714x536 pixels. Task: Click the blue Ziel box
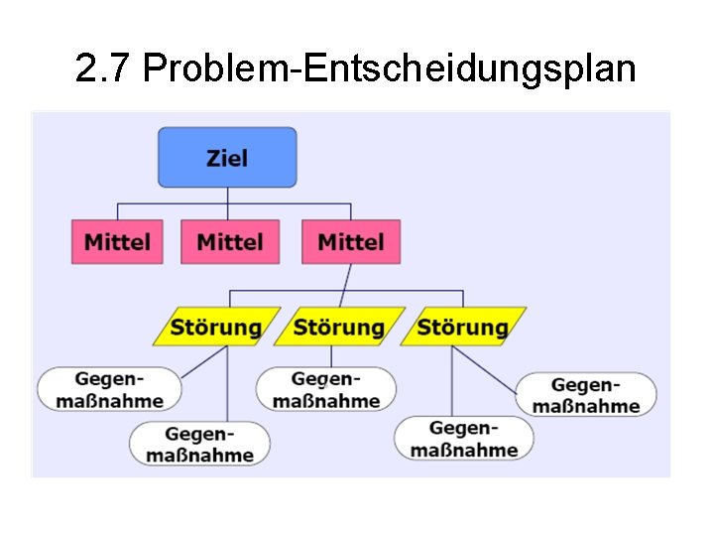tap(227, 157)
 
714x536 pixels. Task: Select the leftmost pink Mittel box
tap(117, 241)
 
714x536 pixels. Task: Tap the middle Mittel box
tap(230, 241)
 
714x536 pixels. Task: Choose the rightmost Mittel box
tap(351, 241)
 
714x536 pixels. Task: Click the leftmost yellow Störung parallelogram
tap(216, 327)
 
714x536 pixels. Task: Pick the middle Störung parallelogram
tap(339, 327)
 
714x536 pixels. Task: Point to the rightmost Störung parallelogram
tap(462, 327)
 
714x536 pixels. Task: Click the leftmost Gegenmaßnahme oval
tap(110, 389)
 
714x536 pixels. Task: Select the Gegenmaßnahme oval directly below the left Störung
tap(200, 444)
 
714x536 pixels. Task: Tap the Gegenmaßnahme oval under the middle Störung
tap(326, 389)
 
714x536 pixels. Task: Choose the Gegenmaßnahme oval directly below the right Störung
tap(464, 438)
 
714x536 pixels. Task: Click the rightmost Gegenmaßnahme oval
tap(586, 394)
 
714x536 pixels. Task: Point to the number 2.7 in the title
tap(104, 69)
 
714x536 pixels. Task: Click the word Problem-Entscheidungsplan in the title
tap(389, 69)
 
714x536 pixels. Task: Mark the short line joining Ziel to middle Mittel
tap(228, 203)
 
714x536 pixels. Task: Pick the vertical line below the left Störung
tap(228, 387)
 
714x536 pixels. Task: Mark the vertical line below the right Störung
tap(452, 382)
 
